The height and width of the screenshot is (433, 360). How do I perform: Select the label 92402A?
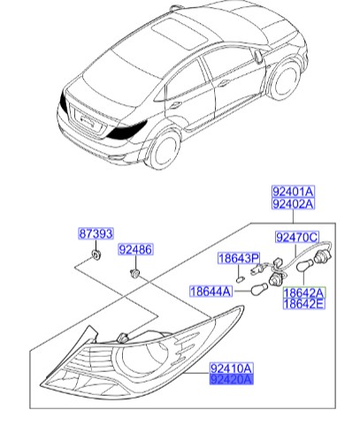(x=293, y=205)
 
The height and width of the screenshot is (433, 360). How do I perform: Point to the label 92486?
(x=137, y=250)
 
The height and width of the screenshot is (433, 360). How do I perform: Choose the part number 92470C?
(x=297, y=237)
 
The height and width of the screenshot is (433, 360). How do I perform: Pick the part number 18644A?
(x=209, y=290)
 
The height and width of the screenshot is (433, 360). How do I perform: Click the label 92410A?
(x=231, y=367)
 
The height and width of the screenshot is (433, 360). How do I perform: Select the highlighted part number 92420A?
(x=231, y=379)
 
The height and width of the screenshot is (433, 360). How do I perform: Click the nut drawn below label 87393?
(x=93, y=256)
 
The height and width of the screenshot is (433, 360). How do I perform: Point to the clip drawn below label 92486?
(x=135, y=274)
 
